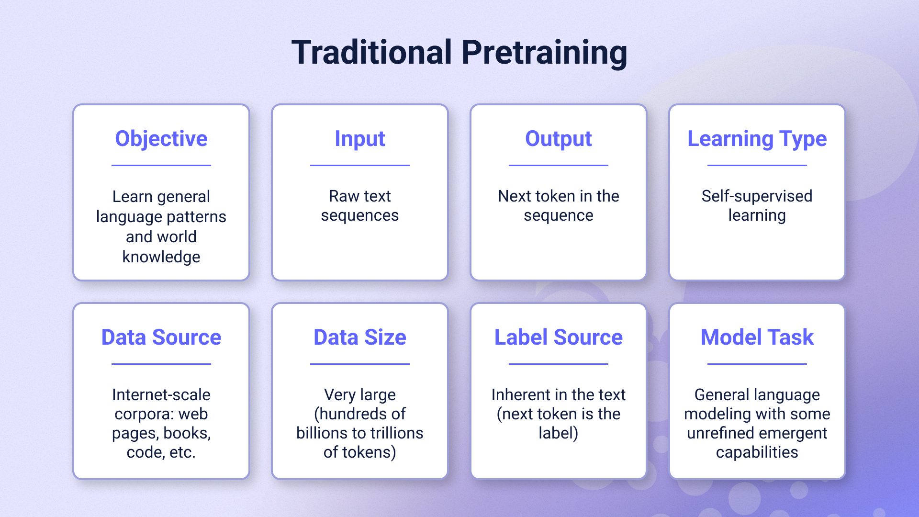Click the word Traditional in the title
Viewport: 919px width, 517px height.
click(x=372, y=53)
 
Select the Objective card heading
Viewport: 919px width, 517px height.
click(x=161, y=139)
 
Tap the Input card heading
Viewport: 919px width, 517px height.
click(x=359, y=139)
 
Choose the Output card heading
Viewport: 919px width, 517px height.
click(x=558, y=139)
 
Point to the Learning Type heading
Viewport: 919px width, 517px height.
click(x=757, y=139)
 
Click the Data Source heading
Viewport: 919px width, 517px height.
click(x=161, y=337)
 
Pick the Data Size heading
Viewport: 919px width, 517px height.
click(x=359, y=337)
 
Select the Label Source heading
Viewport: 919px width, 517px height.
click(x=558, y=337)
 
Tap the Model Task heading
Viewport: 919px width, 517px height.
click(x=757, y=337)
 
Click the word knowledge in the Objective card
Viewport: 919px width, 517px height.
click(x=161, y=257)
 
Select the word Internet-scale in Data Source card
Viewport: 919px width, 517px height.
click(x=161, y=394)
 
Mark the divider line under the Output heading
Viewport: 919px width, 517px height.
click(x=558, y=166)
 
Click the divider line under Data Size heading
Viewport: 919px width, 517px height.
click(x=359, y=364)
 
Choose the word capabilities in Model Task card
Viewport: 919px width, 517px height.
click(x=757, y=452)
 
